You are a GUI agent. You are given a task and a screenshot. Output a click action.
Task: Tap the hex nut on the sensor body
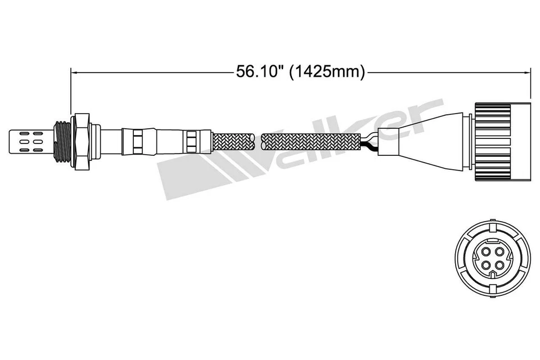coord(82,141)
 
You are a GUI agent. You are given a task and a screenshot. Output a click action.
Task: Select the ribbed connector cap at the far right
coord(502,141)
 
